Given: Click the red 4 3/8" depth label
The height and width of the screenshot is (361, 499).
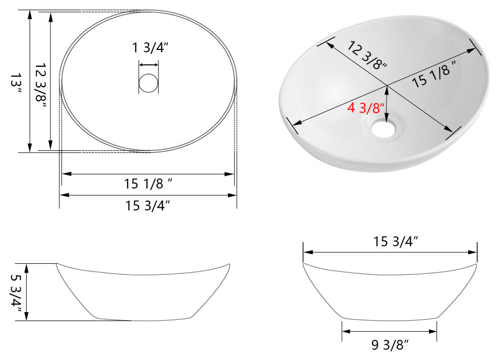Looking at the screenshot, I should [366, 107].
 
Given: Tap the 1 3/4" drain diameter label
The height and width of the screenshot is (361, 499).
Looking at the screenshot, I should [150, 48].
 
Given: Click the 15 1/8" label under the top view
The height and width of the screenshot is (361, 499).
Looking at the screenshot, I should [149, 184].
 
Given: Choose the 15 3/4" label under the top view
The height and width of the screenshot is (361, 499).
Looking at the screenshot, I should [148, 205].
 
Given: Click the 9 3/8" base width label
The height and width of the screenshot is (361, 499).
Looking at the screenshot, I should [390, 345].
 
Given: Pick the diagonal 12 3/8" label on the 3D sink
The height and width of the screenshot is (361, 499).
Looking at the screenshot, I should [367, 54].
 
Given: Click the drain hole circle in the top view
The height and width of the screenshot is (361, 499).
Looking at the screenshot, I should [148, 83].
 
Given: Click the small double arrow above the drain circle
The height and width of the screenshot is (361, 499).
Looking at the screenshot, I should [149, 65].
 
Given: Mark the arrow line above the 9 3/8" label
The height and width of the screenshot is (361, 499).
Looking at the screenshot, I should [389, 331].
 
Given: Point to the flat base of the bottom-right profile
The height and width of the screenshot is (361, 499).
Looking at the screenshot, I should [389, 320].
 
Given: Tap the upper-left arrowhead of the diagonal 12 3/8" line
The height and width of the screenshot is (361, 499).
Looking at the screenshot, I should [328, 43].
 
